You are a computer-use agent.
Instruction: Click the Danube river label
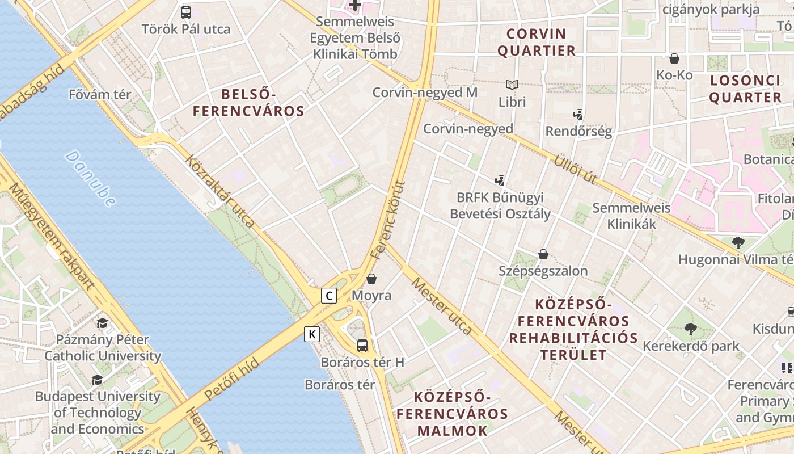point(91,178)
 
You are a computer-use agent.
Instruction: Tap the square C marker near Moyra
point(328,296)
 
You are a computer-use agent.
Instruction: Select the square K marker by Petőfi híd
point(311,334)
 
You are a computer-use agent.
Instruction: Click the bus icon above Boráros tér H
point(362,345)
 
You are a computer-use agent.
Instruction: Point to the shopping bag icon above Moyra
point(371,279)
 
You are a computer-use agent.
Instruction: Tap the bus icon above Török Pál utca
point(186,12)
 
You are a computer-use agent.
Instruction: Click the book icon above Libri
point(512,85)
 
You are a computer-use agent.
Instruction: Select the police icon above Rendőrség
point(578,115)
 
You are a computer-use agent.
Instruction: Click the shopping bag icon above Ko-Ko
point(674,58)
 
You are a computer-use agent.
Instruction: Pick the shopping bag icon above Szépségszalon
point(543,254)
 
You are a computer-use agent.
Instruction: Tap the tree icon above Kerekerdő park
point(690,329)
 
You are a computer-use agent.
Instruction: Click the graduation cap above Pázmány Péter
point(102,323)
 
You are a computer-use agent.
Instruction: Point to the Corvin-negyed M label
point(425,93)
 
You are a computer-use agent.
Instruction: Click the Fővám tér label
point(100,95)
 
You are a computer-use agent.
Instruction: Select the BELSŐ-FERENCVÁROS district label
point(248,103)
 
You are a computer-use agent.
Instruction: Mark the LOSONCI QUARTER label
point(745,89)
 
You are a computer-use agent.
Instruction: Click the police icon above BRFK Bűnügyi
point(500,182)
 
